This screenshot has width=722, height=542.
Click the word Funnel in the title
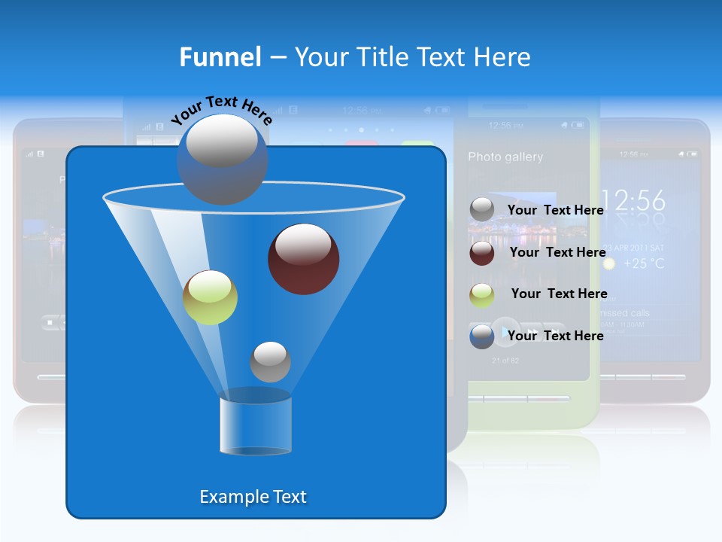220,57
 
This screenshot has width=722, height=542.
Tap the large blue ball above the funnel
222,158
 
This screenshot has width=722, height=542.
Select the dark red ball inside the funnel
303,259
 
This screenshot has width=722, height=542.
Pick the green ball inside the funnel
210,297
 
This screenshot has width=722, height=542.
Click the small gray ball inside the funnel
270,362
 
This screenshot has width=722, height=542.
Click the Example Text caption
253,497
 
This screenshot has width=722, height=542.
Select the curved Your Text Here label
221,110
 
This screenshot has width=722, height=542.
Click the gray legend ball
482,210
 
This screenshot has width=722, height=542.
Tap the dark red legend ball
482,253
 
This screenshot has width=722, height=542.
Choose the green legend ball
482,294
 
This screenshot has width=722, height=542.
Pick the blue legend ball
482,336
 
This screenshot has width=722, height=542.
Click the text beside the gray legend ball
555,210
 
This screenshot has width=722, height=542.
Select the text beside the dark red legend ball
557,252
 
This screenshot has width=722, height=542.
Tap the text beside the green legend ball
559,294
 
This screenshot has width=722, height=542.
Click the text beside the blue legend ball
555,336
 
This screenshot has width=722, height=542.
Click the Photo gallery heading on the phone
505,157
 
